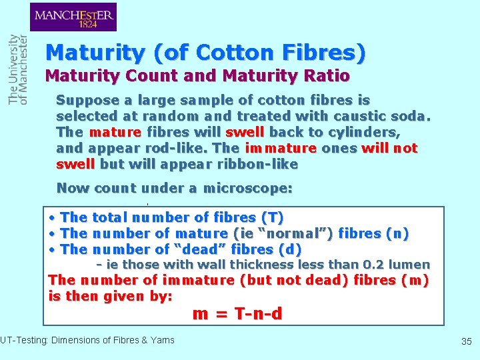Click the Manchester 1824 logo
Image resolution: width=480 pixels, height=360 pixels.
73,17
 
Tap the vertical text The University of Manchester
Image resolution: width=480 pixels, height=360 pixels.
18,69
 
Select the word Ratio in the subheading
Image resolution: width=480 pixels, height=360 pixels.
326,76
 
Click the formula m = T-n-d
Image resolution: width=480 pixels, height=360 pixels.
237,313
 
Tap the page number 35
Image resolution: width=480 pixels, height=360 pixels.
466,341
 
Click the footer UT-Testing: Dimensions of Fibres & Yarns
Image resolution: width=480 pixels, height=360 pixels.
87,340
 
